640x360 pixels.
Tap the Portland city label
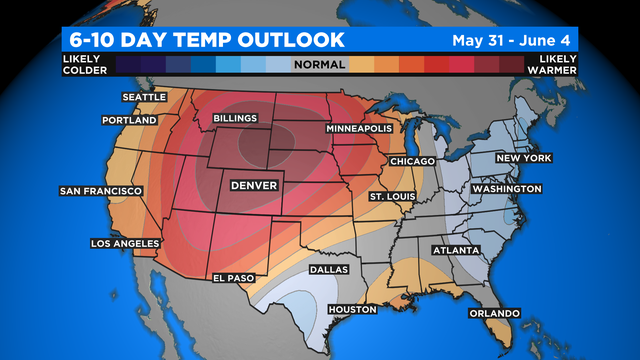pos(129,120)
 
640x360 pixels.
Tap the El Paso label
pos(234,277)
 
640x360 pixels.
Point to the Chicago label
pos(412,161)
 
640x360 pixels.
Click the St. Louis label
pos(391,195)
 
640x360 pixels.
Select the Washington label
pos(506,189)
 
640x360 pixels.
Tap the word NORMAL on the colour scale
pos(320,65)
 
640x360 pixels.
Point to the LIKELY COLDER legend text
pos(79,65)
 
